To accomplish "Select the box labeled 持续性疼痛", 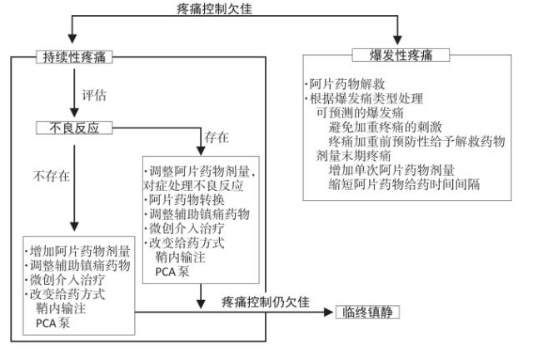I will [74, 57].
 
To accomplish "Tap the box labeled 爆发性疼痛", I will [398, 56].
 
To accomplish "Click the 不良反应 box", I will [74, 128].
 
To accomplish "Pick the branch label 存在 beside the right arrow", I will [217, 136].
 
